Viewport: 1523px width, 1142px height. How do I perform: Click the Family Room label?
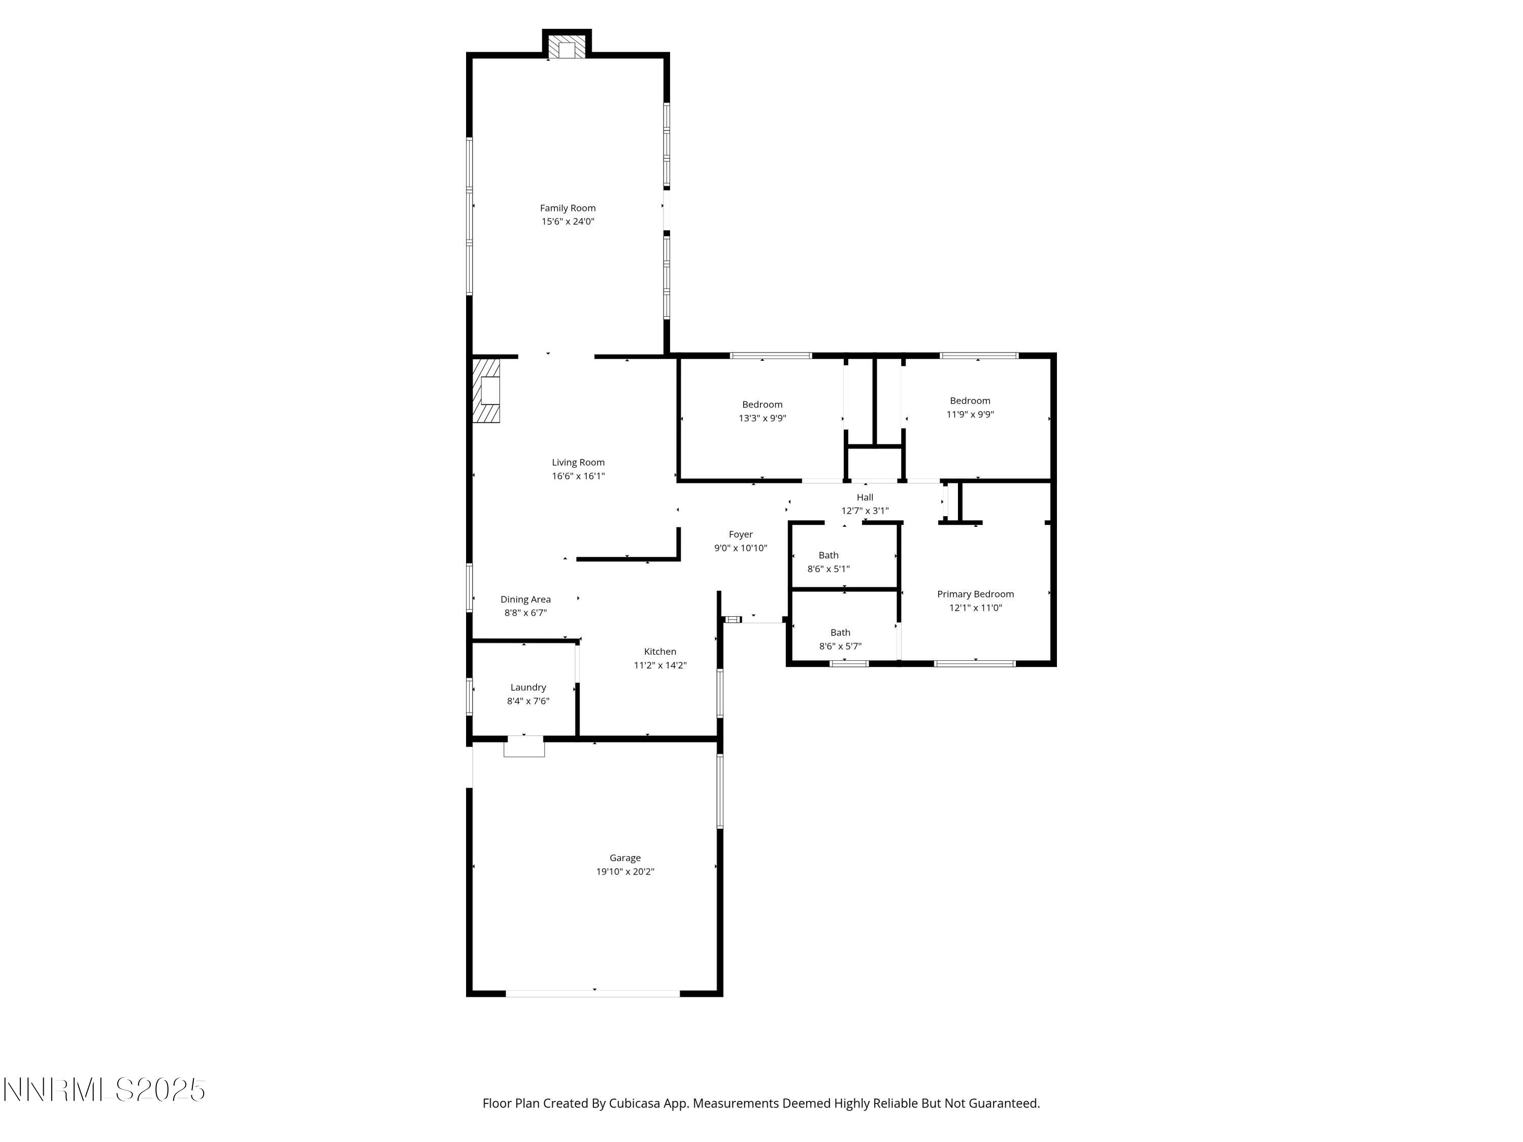click(568, 208)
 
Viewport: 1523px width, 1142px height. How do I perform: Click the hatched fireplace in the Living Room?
click(486, 390)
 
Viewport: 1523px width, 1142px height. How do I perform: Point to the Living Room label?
click(578, 462)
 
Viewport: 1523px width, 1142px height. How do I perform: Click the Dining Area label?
click(525, 599)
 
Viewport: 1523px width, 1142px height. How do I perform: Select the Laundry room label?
click(528, 688)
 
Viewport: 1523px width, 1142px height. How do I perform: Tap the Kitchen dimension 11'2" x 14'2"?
click(659, 665)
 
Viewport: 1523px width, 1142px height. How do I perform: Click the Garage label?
click(624, 858)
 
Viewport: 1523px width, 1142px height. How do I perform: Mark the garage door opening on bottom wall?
click(593, 994)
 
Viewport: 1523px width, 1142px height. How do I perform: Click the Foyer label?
click(740, 534)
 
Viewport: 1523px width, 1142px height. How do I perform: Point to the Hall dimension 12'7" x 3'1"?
click(865, 511)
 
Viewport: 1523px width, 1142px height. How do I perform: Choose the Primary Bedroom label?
click(975, 594)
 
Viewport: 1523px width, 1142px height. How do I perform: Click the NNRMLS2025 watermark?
click(105, 1090)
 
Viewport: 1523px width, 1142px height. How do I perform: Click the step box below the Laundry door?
click(524, 747)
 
